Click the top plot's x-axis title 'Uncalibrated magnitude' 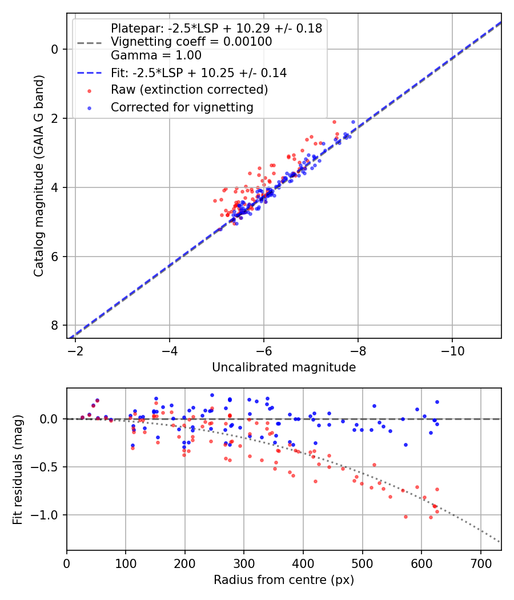[284, 367]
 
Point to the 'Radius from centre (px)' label [284, 580]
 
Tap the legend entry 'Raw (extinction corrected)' [189, 90]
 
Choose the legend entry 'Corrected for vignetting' [182, 107]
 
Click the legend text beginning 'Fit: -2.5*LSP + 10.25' [199, 73]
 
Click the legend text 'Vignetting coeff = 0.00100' [191, 42]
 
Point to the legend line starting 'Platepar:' [216, 28]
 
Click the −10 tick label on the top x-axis [452, 349]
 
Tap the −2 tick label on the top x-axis [75, 349]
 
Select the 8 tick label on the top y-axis [55, 325]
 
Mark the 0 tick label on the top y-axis [55, 49]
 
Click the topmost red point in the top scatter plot [335, 122]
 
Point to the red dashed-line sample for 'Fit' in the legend [89, 73]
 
